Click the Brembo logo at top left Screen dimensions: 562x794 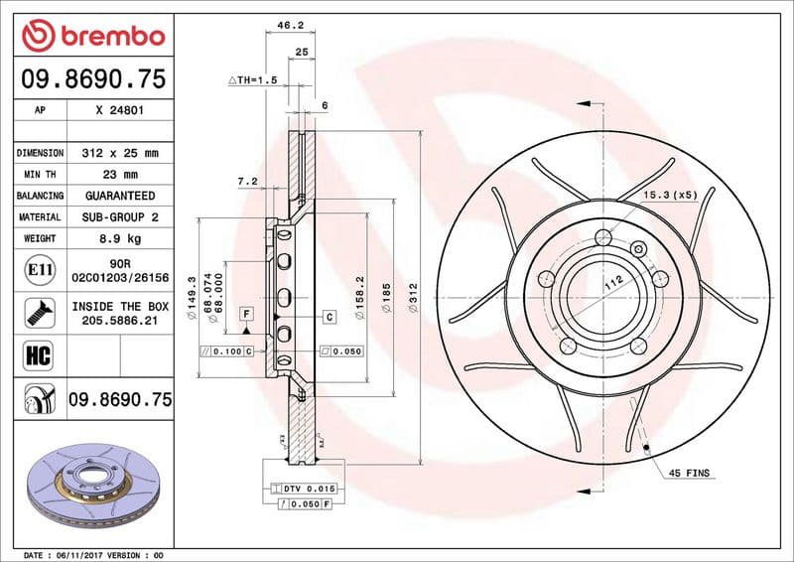coord(93,36)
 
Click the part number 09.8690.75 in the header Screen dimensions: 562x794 coord(93,80)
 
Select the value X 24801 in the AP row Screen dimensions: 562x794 coord(120,111)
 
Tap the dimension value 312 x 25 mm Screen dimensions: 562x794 coord(120,154)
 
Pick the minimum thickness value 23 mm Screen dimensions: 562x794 coord(120,175)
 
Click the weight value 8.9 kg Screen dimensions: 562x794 coord(120,238)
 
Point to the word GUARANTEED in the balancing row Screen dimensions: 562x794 coord(120,196)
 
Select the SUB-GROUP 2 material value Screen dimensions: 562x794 coord(120,216)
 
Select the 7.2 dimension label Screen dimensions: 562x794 coord(247,182)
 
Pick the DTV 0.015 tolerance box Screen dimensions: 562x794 coord(309,490)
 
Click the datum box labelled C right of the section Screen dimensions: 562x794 coord(328,316)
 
